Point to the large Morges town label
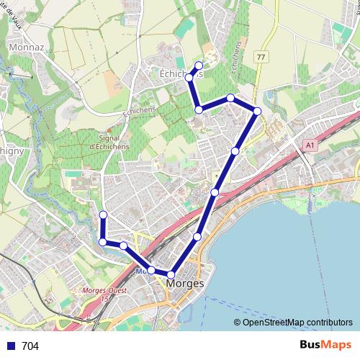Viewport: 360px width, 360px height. point(185,284)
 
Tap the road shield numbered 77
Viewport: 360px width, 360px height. point(261,57)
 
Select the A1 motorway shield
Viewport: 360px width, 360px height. point(309,145)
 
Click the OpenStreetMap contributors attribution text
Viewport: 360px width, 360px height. point(293,323)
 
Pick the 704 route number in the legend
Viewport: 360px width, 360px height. point(30,346)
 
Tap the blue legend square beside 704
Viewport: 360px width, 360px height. point(10,346)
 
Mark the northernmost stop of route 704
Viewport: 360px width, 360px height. point(199,66)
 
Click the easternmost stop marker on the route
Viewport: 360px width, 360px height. point(257,110)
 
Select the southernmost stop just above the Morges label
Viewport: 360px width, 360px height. point(171,274)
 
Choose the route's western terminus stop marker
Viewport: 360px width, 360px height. point(103,215)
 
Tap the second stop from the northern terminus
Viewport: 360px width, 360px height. point(189,77)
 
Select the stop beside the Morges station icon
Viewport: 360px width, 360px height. point(151,270)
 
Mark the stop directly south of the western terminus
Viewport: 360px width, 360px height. point(103,242)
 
